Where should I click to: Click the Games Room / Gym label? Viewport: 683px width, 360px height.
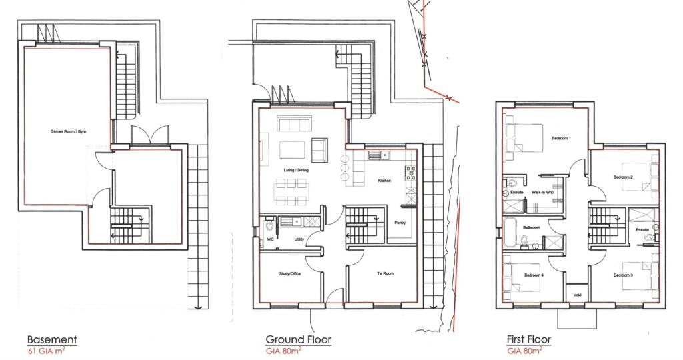tap(69, 131)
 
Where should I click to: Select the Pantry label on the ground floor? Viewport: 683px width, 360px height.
tap(400, 223)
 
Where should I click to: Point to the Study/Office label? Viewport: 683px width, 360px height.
tap(289, 274)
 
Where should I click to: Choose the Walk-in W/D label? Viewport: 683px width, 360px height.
tap(542, 192)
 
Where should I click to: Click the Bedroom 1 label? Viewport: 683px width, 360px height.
tap(561, 138)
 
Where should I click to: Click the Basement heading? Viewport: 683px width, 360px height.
tap(52, 339)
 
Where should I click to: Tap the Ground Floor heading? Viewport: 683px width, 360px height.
tap(298, 339)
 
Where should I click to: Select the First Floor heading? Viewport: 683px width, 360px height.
tap(529, 339)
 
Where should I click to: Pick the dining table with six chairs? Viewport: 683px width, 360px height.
tap(288, 191)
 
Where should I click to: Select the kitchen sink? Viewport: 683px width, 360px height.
tap(381, 155)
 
